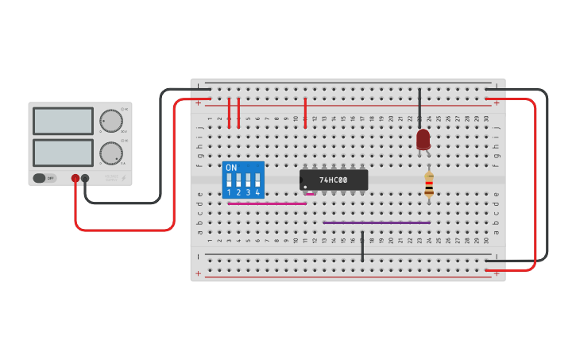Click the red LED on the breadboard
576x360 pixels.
click(x=423, y=139)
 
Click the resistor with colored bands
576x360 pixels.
click(x=429, y=185)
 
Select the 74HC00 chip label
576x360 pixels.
click(x=334, y=180)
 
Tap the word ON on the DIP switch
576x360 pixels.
click(x=231, y=168)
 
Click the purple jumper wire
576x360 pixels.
click(x=377, y=223)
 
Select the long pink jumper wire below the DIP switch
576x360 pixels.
click(x=266, y=203)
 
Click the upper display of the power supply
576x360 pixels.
click(x=64, y=121)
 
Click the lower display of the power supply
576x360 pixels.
click(x=64, y=153)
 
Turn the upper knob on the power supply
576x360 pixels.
click(x=111, y=121)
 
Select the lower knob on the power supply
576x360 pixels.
click(x=111, y=153)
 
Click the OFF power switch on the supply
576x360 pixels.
click(x=44, y=178)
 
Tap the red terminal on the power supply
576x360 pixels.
click(x=75, y=179)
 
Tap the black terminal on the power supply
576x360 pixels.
click(x=85, y=179)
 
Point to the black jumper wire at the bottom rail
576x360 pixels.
click(x=362, y=248)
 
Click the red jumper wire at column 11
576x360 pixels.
click(x=305, y=111)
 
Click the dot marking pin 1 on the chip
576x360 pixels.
click(x=305, y=188)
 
